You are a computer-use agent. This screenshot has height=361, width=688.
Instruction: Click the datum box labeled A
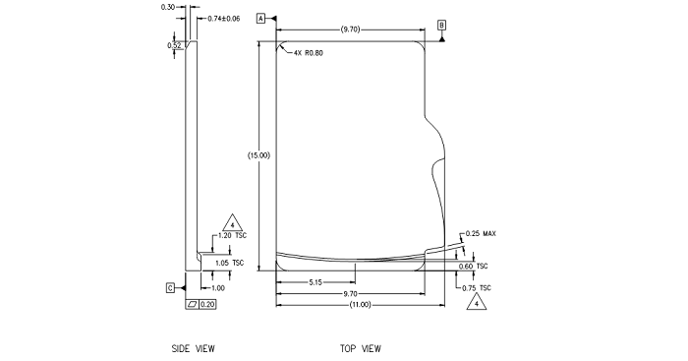tap(261, 19)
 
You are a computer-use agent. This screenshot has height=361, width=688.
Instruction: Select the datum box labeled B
tap(442, 25)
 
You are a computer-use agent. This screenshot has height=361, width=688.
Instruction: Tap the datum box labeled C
tap(171, 288)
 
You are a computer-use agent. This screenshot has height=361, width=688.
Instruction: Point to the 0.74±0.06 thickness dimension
tap(224, 19)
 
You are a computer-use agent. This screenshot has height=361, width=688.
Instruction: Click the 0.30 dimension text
tap(168, 7)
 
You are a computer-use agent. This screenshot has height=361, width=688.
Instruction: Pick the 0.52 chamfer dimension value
tap(174, 45)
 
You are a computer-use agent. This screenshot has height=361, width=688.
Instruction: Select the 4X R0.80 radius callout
tap(308, 53)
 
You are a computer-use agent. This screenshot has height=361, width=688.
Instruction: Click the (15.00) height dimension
tap(258, 155)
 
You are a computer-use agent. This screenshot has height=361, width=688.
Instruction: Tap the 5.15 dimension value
tap(315, 282)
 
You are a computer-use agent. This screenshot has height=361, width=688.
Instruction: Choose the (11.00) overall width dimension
tap(361, 305)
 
